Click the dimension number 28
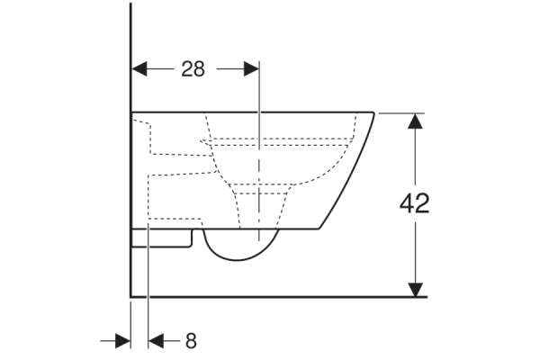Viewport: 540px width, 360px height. click(193, 69)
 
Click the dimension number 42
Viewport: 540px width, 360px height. click(414, 203)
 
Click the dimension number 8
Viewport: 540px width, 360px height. click(191, 341)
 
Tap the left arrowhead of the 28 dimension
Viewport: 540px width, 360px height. click(139, 69)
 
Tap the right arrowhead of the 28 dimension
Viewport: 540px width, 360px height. click(251, 69)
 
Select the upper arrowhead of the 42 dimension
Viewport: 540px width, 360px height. click(415, 121)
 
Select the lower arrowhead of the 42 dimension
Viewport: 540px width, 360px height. click(415, 290)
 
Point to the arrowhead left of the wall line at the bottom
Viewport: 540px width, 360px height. click(123, 341)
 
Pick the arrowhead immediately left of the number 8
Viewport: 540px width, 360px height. click(156, 341)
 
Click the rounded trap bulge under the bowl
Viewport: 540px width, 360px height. click(237, 260)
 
